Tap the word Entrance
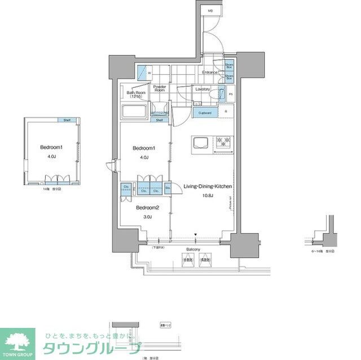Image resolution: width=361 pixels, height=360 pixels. tap(210, 73)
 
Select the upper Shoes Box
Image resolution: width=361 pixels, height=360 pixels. tap(230, 66)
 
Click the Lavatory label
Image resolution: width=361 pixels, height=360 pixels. tap(202, 90)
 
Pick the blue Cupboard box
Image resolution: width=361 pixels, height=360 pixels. tap(205, 113)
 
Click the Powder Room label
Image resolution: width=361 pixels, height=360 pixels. tap(160, 88)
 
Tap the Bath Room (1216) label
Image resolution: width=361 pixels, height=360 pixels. tap(135, 95)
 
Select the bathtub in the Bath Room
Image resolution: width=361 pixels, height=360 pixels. tap(134, 112)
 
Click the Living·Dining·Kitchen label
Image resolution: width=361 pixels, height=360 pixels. tap(208, 186)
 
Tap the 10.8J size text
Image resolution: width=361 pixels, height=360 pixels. tap(208, 195)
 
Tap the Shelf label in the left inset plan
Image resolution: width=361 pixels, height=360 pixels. tap(67, 121)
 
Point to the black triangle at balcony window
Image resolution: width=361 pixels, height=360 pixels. tap(196, 235)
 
